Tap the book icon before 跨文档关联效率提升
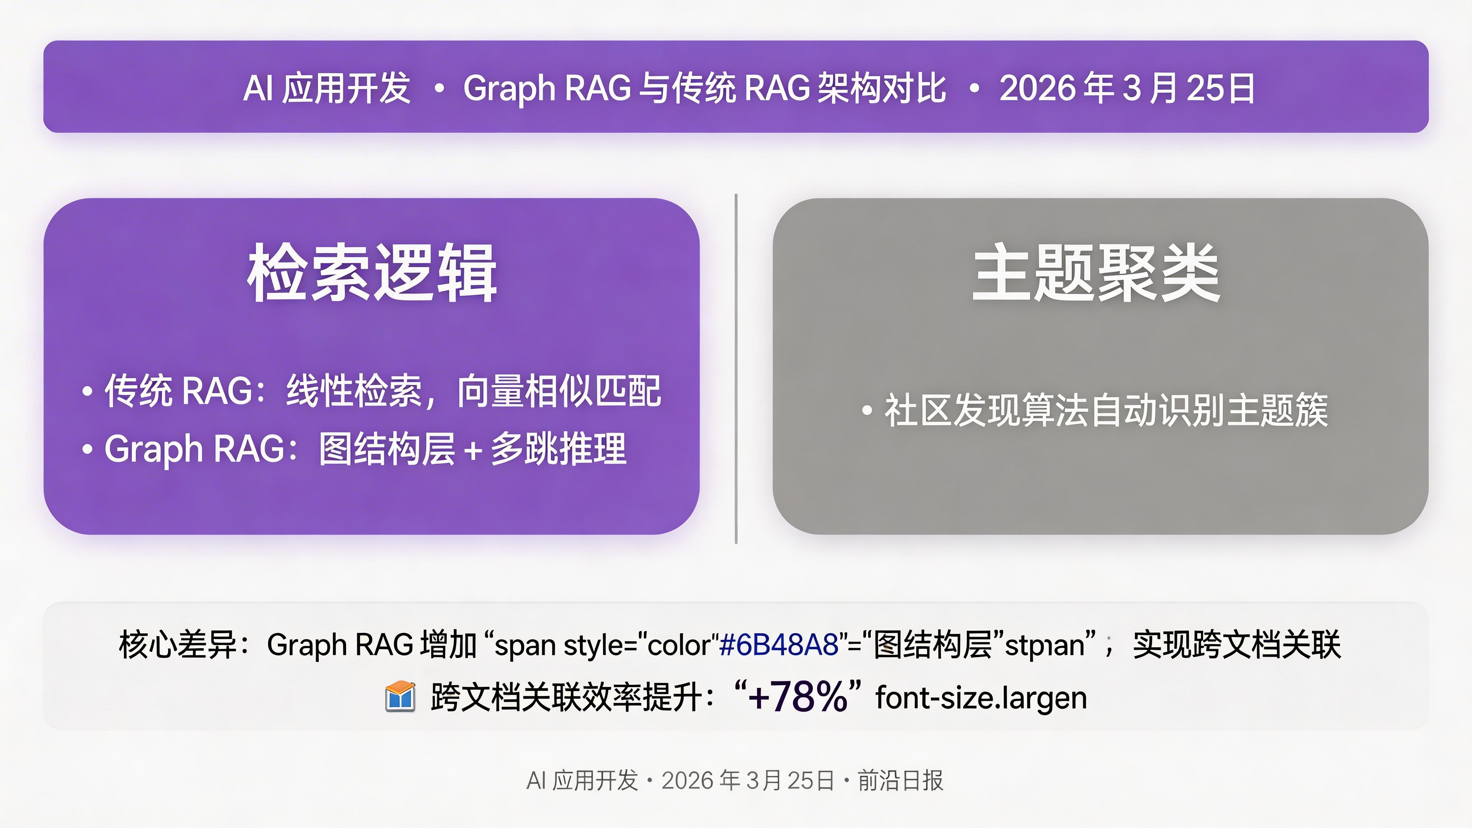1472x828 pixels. (x=400, y=696)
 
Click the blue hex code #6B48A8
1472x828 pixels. (x=778, y=645)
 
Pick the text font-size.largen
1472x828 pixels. (x=981, y=698)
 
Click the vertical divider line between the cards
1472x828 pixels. (x=736, y=369)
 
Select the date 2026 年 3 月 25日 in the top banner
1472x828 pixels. (x=1127, y=88)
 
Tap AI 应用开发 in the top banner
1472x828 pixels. (x=327, y=88)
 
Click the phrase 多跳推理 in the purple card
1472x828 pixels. (x=558, y=448)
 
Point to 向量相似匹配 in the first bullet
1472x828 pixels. (x=559, y=391)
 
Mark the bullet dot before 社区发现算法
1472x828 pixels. (x=867, y=410)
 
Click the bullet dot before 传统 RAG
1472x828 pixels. (x=87, y=391)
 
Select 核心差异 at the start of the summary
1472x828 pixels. (x=177, y=645)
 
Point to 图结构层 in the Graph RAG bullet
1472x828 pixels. (x=387, y=448)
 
